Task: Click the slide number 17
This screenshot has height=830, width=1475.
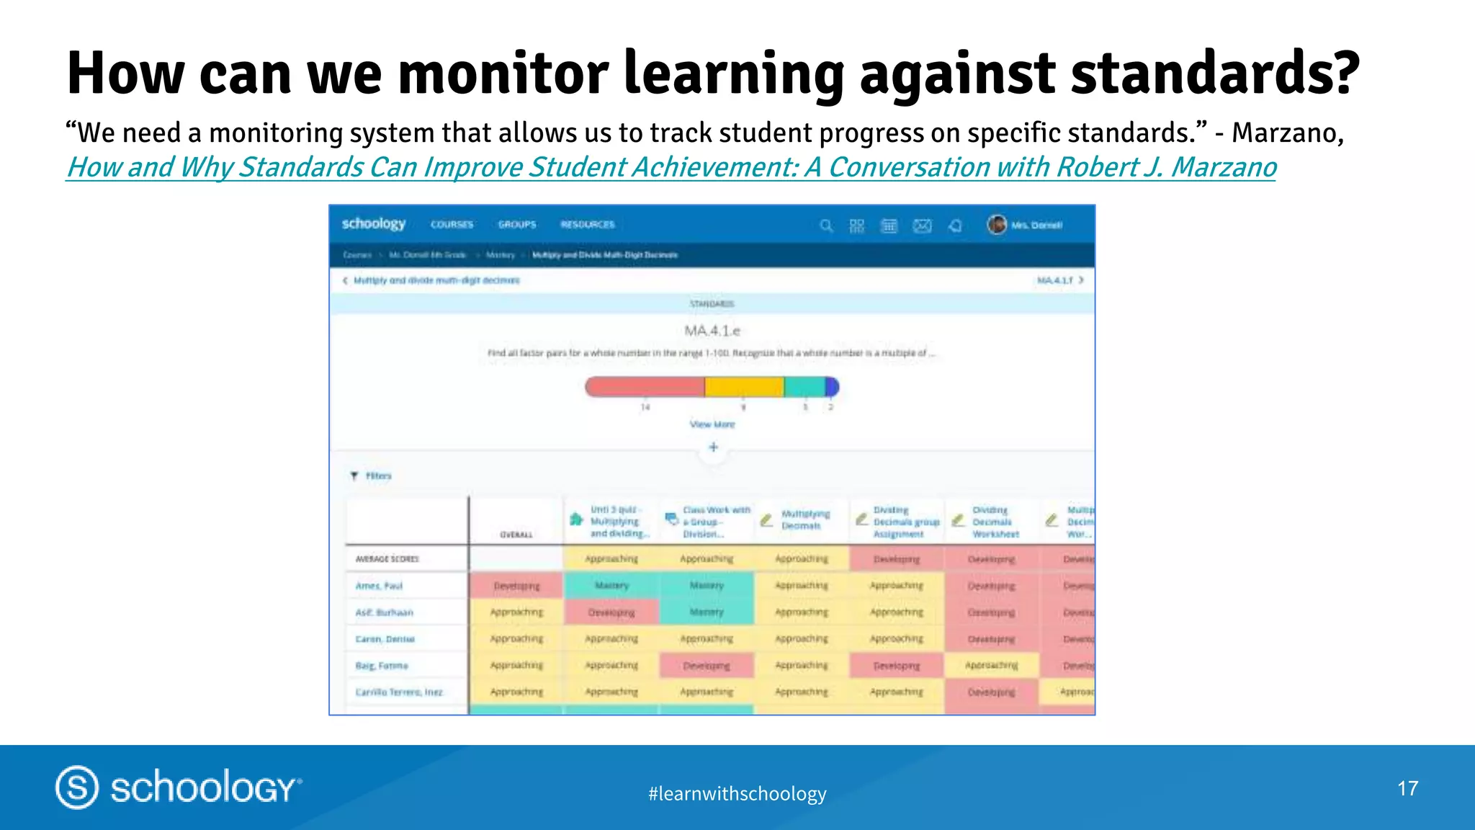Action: (1407, 788)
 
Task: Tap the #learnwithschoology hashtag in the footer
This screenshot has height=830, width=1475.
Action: (737, 794)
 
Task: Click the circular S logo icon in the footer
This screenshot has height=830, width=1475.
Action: (77, 787)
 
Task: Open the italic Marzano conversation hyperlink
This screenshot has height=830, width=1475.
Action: (671, 167)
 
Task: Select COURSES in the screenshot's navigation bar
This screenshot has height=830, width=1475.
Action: (452, 225)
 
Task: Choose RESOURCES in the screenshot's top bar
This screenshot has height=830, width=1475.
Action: (588, 225)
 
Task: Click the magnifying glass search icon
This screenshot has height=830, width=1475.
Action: (826, 226)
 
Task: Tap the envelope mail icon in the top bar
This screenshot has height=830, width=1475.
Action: (922, 226)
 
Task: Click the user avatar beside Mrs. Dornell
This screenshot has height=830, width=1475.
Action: (997, 225)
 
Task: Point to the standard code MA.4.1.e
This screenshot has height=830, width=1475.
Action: (712, 331)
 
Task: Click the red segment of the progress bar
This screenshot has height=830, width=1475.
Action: (645, 388)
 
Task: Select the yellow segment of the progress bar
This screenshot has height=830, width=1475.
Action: (744, 388)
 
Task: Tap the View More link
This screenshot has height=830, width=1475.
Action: (712, 424)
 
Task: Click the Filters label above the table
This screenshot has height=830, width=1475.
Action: (377, 476)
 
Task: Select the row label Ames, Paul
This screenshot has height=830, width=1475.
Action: (379, 586)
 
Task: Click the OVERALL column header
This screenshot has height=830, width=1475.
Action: (516, 535)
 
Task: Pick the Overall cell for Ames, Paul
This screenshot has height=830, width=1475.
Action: (516, 586)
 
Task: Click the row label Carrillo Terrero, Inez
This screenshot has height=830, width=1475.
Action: (398, 692)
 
